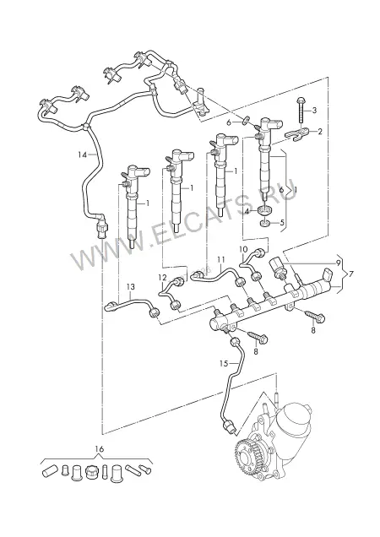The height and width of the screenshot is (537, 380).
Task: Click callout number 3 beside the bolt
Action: (314, 111)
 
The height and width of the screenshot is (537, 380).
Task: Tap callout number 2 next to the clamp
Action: (320, 132)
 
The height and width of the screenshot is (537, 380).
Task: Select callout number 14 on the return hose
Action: (82, 155)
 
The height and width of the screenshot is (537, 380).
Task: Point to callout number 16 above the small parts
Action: (100, 448)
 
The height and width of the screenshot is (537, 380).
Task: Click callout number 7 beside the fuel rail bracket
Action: (350, 274)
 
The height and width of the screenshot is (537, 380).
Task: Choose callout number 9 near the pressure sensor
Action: (338, 263)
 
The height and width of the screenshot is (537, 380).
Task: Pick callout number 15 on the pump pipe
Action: (224, 363)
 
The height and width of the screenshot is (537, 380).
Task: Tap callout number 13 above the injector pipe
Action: (131, 286)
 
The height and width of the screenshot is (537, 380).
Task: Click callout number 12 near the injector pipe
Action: (162, 278)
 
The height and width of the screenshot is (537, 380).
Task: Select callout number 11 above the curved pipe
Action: (220, 259)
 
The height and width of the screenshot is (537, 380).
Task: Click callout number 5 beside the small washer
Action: (282, 223)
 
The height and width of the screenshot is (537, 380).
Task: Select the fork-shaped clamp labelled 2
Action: (297, 134)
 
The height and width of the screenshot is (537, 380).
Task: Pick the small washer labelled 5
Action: (264, 224)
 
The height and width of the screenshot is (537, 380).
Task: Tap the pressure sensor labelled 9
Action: (277, 268)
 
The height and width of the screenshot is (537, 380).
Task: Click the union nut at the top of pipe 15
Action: (235, 341)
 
